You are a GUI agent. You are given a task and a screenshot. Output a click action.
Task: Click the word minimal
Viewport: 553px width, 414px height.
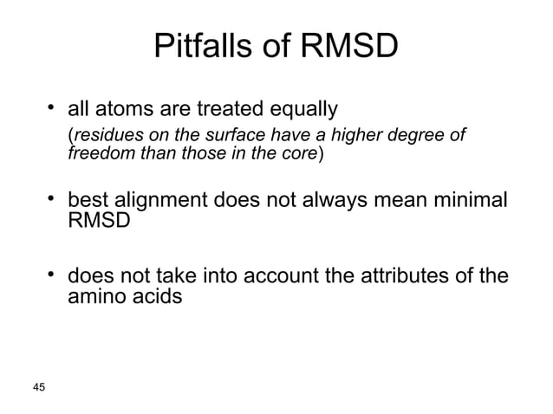tap(465, 203)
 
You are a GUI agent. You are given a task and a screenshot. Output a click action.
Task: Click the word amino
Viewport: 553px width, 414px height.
tap(96, 297)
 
